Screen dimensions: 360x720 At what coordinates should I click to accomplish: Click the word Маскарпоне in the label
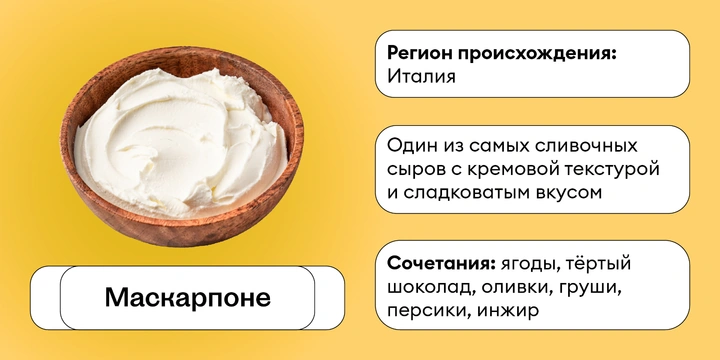coord(188,299)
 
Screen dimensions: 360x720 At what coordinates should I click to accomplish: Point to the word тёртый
coord(604,264)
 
